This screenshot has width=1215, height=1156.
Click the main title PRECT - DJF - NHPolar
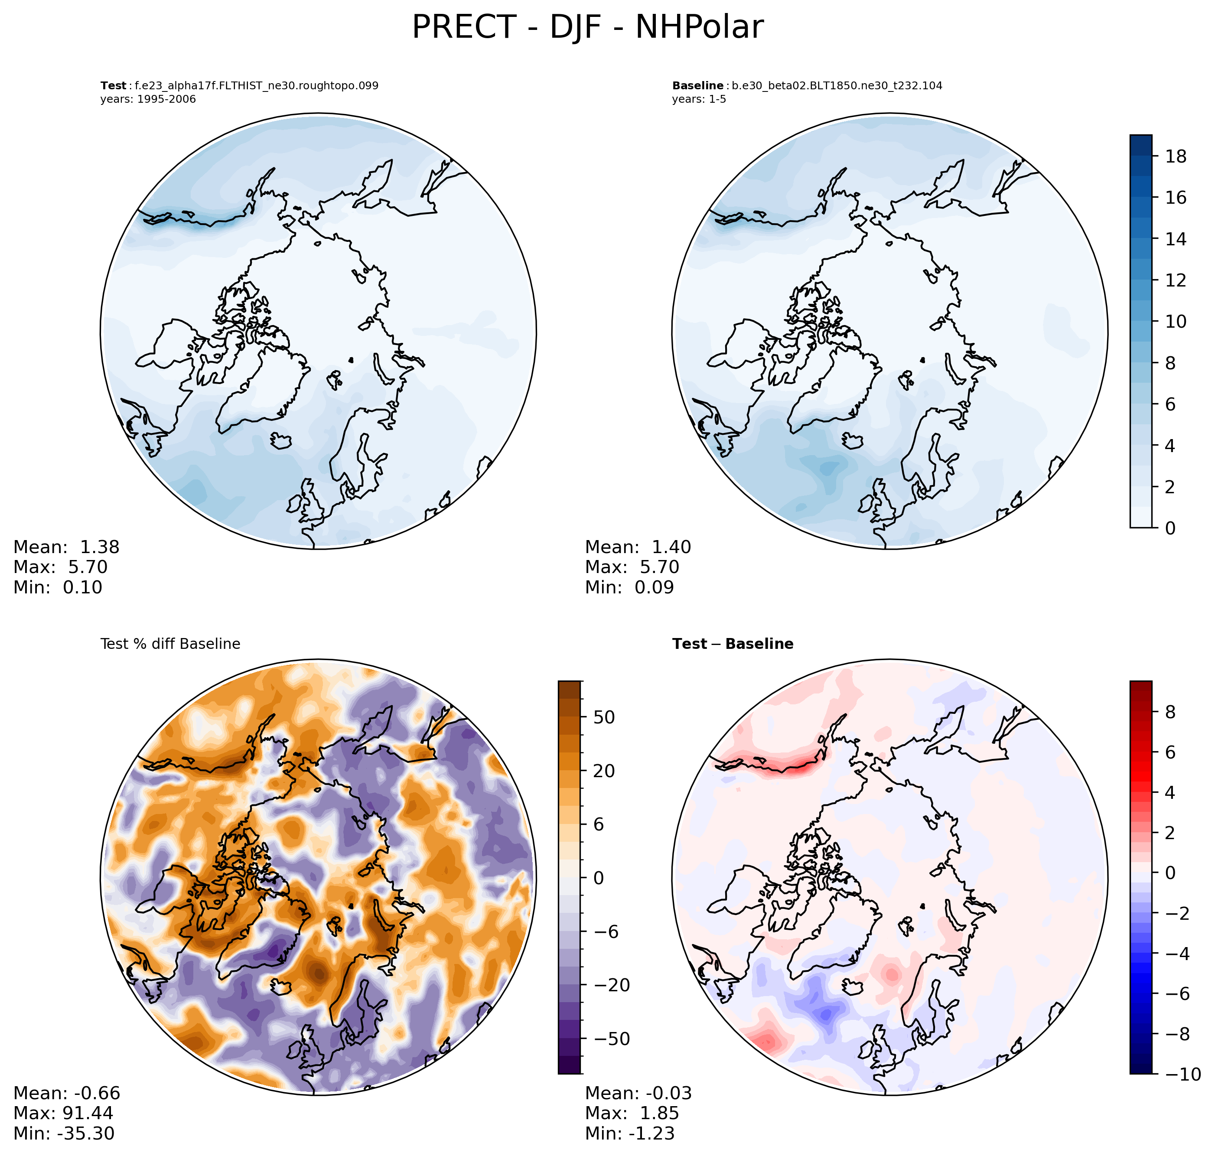coord(587,28)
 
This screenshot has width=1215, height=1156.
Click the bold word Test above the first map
coord(114,86)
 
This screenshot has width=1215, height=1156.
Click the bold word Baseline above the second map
coord(697,86)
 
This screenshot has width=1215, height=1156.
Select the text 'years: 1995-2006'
coord(148,99)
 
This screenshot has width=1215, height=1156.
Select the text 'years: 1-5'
coord(699,99)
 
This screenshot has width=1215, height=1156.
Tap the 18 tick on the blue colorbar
coord(1176,156)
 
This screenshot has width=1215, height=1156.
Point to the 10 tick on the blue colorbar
coord(1176,322)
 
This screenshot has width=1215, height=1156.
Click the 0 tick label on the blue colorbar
coord(1170,528)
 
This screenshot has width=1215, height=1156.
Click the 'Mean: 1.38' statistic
coord(67,547)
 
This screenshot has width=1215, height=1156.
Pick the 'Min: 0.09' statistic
coord(629,587)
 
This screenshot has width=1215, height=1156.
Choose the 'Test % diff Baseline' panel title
coord(170,644)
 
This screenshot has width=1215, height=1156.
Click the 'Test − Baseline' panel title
coord(733,644)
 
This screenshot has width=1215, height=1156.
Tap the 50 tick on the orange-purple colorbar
coord(604,717)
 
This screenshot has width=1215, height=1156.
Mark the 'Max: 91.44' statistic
coord(63,1113)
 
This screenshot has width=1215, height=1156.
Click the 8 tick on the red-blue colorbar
coord(1170,712)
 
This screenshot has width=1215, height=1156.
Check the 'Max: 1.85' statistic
coord(632,1113)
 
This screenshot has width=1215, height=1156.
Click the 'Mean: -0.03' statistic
coord(638,1093)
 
